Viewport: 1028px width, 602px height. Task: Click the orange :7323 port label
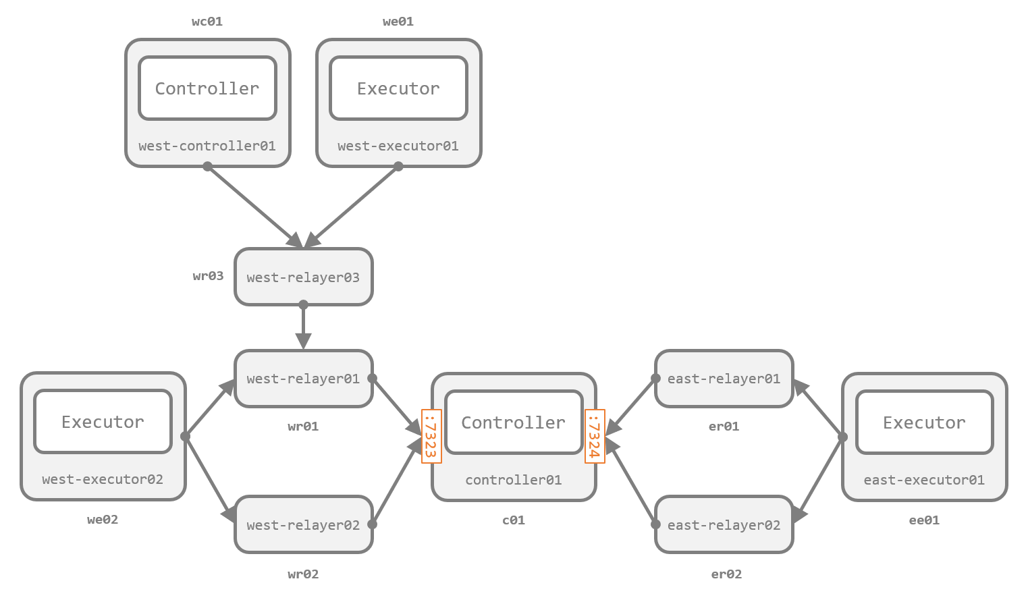(431, 436)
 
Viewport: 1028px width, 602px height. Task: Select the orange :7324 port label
(595, 436)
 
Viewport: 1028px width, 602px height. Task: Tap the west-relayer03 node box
(303, 277)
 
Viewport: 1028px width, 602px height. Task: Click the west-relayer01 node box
(303, 379)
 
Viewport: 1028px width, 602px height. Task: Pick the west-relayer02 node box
(303, 524)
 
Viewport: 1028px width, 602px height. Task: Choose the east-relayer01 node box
(724, 379)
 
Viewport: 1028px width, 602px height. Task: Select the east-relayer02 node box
(724, 524)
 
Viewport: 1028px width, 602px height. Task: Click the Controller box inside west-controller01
(207, 88)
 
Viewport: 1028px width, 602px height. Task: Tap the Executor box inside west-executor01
(398, 88)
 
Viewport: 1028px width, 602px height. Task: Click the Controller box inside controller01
(513, 422)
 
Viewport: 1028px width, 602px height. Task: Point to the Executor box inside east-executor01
(924, 422)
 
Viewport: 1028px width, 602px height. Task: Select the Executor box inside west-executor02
(103, 422)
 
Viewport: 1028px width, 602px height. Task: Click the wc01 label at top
(207, 22)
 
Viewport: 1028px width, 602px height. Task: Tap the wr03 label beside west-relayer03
(208, 275)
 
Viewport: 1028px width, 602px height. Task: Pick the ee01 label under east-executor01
(924, 520)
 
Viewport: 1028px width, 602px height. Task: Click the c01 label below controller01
(513, 520)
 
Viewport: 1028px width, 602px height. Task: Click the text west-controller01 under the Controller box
(207, 146)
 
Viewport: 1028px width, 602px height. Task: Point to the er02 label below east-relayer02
(726, 574)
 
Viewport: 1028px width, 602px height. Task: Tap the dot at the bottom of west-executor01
(398, 166)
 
